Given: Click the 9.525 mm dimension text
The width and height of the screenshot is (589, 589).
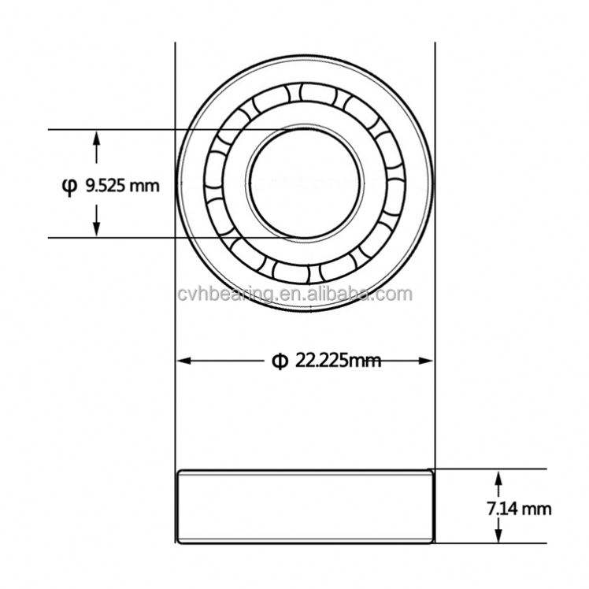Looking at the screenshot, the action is [x=123, y=186].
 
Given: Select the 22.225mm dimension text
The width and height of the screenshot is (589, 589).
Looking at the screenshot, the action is [x=338, y=361].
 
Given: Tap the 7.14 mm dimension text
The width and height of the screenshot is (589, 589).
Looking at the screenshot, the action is [x=519, y=509].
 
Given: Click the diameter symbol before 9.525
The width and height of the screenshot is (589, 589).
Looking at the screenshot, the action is [x=69, y=187].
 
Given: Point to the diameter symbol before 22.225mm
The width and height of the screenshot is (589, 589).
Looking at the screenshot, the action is [x=280, y=361].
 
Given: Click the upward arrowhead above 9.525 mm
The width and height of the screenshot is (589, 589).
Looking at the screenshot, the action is [x=97, y=138].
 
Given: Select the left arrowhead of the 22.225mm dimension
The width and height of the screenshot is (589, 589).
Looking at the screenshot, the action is [x=184, y=361].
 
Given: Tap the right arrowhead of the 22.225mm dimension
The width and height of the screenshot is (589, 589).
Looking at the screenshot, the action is [x=426, y=361].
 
